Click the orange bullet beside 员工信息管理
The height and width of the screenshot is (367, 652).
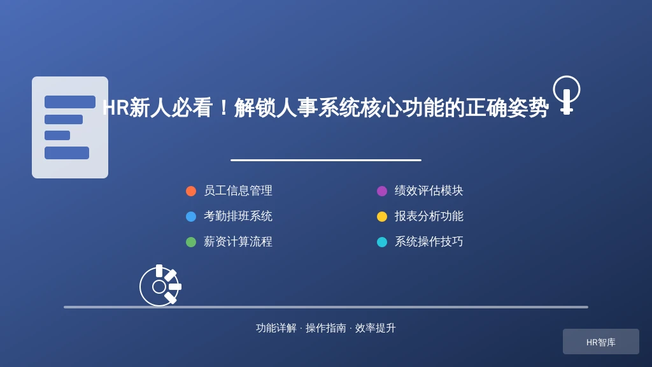click(x=191, y=191)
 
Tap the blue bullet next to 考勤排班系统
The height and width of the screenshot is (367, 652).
click(x=191, y=217)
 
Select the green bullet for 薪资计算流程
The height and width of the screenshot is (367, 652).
click(x=191, y=241)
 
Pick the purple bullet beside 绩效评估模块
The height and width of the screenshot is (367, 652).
click(x=382, y=191)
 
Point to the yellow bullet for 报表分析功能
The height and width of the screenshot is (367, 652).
click(x=382, y=217)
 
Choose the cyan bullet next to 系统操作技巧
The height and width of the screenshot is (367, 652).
click(x=382, y=241)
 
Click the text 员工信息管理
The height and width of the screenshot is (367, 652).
click(x=238, y=191)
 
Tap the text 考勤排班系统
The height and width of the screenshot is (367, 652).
click(x=238, y=216)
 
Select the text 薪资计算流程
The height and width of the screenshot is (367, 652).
click(x=238, y=241)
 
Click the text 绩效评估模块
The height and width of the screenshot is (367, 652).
click(x=429, y=191)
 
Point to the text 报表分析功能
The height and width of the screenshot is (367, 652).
click(x=429, y=216)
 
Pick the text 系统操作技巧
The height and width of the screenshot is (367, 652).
click(x=429, y=241)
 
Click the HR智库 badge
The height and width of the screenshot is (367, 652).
click(x=601, y=342)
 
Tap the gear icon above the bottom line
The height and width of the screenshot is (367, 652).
click(x=160, y=285)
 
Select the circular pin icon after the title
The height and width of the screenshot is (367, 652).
click(x=566, y=95)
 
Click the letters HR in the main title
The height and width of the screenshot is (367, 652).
click(x=116, y=108)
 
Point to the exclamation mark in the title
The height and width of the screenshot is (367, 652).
click(x=223, y=108)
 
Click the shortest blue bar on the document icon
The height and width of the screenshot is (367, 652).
click(x=57, y=135)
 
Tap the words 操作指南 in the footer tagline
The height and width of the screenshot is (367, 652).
click(x=325, y=328)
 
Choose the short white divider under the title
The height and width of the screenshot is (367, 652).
click(x=326, y=160)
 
